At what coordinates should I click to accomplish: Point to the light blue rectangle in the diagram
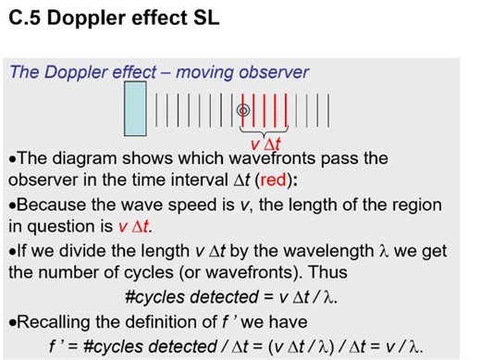pyautogui.click(x=135, y=110)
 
